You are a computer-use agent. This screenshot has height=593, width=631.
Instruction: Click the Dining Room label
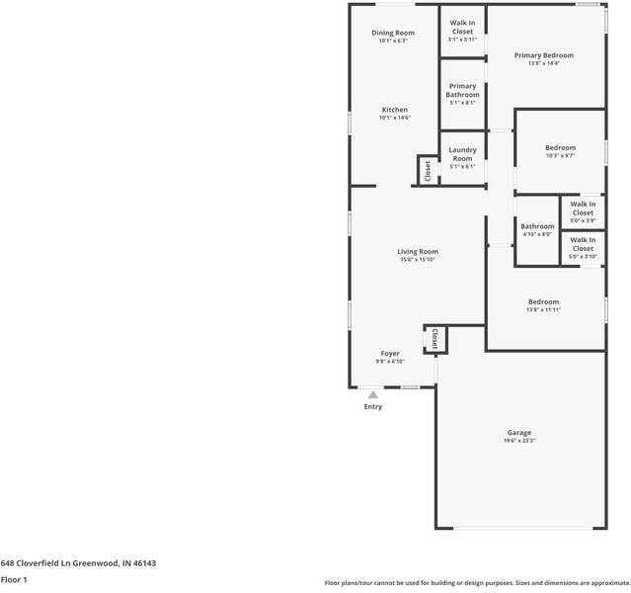coord(392,34)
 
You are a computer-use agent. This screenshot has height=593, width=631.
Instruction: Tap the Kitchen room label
coord(394,111)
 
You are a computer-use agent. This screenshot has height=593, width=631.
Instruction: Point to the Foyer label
coord(390,354)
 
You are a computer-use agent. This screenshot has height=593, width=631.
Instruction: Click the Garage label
coord(519,433)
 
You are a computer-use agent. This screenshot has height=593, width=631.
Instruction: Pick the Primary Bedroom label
coord(543,56)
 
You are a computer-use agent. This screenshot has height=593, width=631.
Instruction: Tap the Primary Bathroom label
coord(462,91)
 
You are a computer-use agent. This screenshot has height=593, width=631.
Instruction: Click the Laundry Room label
coord(462,155)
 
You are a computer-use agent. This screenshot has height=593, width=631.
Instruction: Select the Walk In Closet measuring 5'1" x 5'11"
coord(462,28)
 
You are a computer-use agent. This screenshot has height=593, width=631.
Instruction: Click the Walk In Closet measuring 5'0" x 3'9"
coord(583,209)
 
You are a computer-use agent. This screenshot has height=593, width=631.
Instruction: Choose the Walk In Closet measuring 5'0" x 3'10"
coord(583,244)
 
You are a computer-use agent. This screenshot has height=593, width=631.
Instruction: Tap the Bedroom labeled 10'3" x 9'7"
coord(560,148)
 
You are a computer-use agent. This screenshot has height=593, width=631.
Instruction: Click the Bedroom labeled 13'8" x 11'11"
coord(543,302)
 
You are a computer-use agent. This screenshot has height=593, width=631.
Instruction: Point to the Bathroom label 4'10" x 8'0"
coord(538,227)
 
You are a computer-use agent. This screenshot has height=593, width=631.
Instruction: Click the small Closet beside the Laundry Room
coord(428,171)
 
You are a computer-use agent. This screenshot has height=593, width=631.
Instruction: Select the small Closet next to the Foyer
coord(434,339)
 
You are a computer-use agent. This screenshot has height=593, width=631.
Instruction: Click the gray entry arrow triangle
coord(372,394)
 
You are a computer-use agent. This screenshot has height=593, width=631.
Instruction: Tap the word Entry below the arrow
coord(372,407)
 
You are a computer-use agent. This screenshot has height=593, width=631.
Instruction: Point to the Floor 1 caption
coord(14,579)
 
